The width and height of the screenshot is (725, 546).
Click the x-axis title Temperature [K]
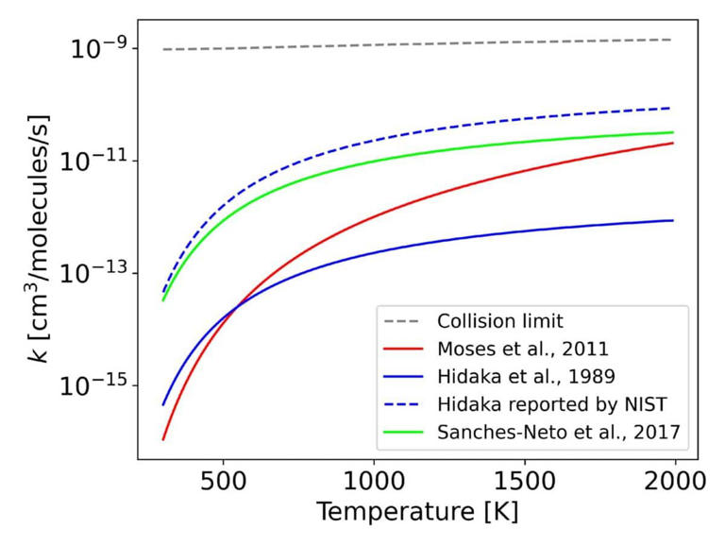click(416, 514)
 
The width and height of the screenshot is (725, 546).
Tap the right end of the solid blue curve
click(672, 220)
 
